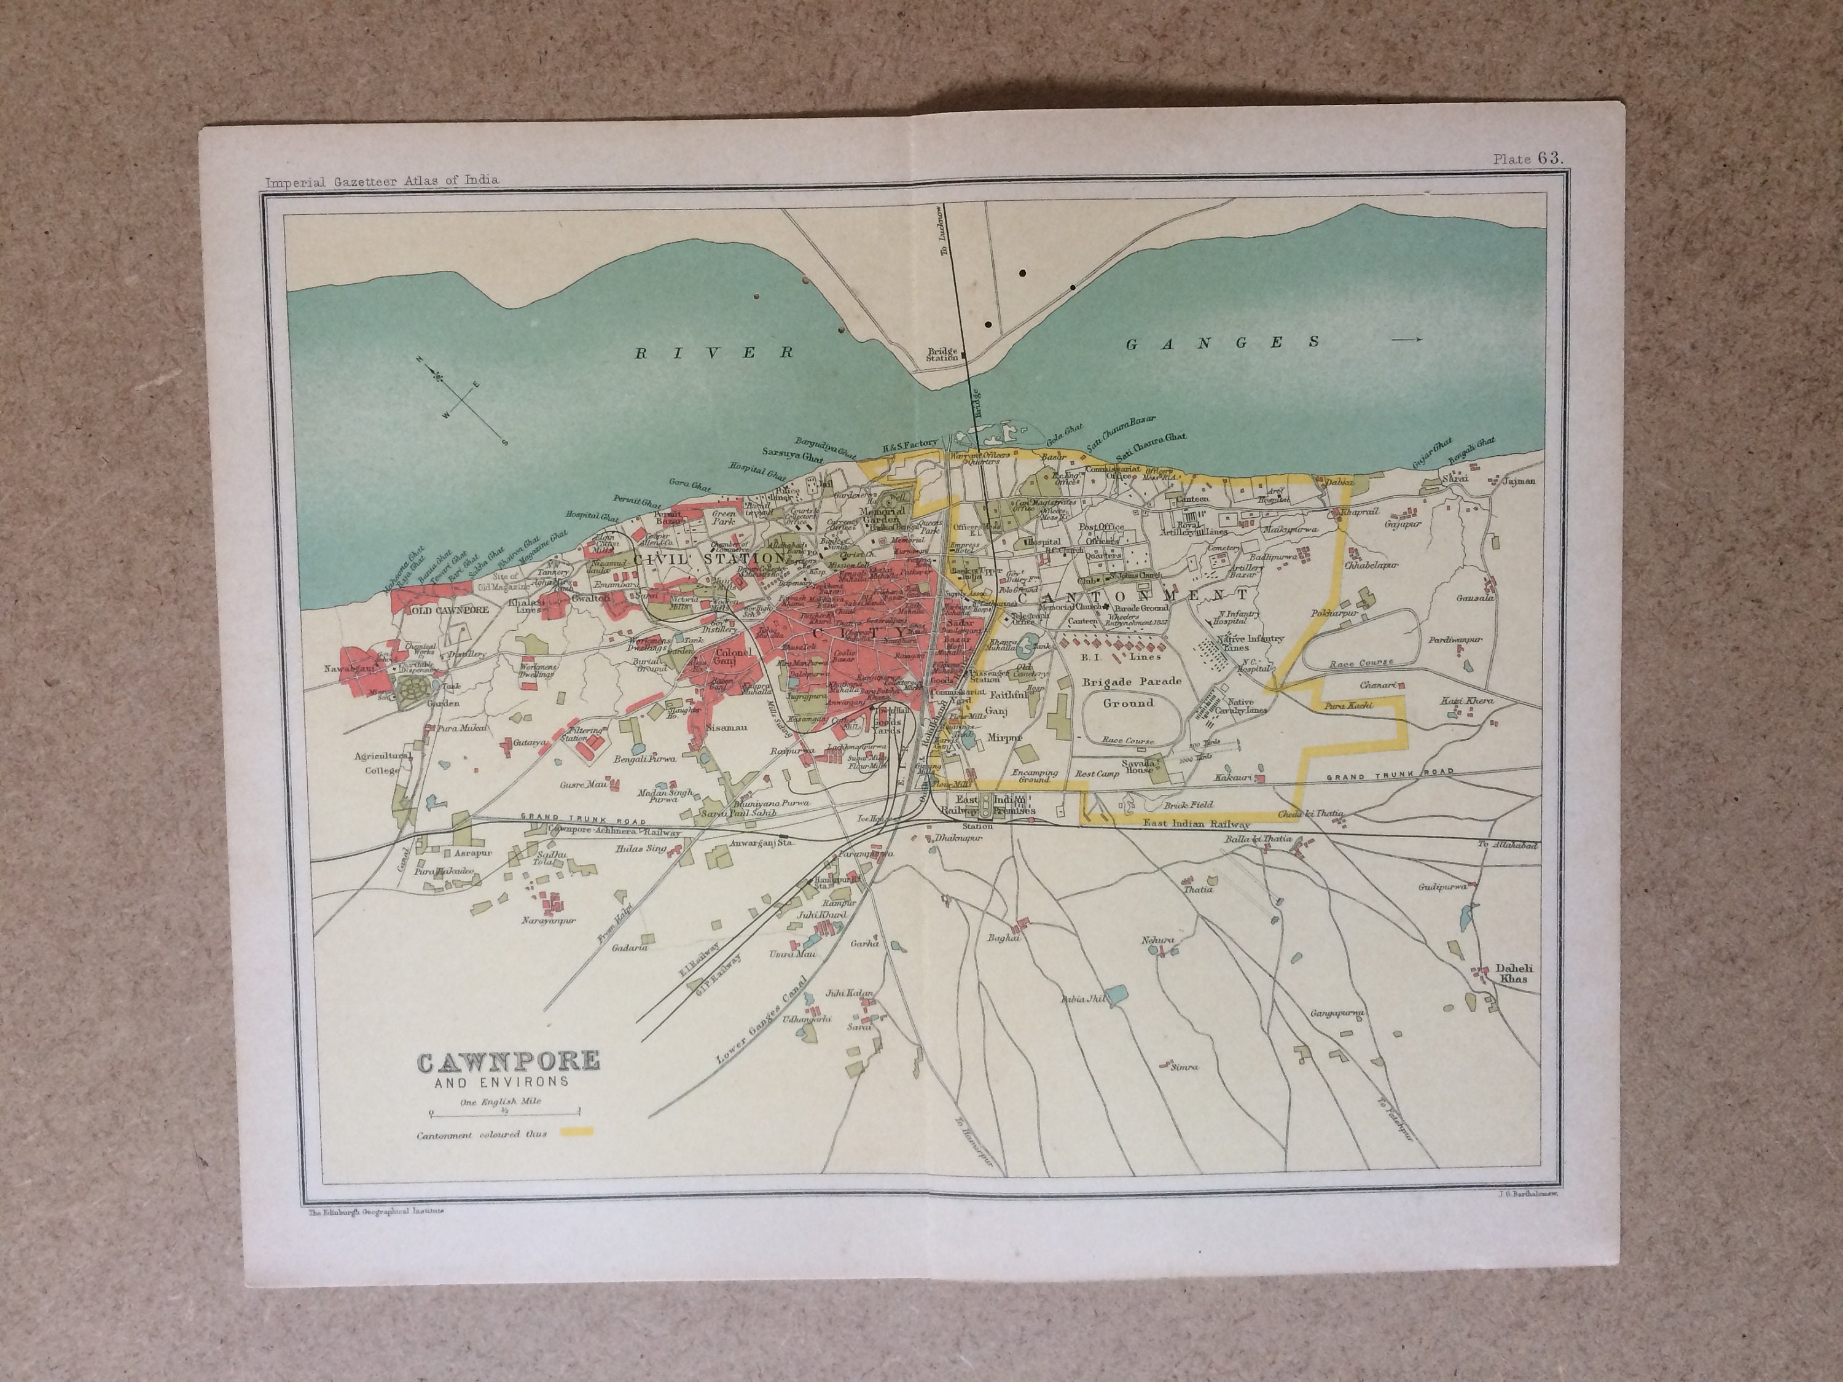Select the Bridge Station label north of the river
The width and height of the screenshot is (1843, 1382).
pos(945,356)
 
